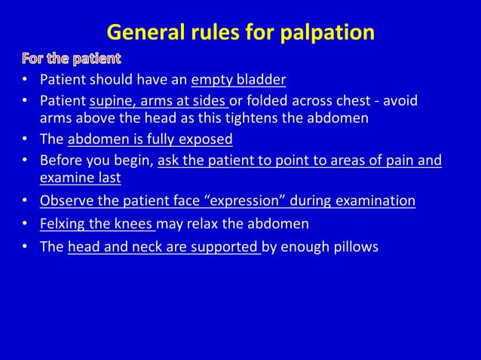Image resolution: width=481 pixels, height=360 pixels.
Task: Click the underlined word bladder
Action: pyautogui.click(x=262, y=80)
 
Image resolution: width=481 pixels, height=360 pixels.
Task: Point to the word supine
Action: pyautogui.click(x=110, y=101)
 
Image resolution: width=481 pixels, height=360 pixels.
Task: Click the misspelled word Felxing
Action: pyautogui.click(x=62, y=224)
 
